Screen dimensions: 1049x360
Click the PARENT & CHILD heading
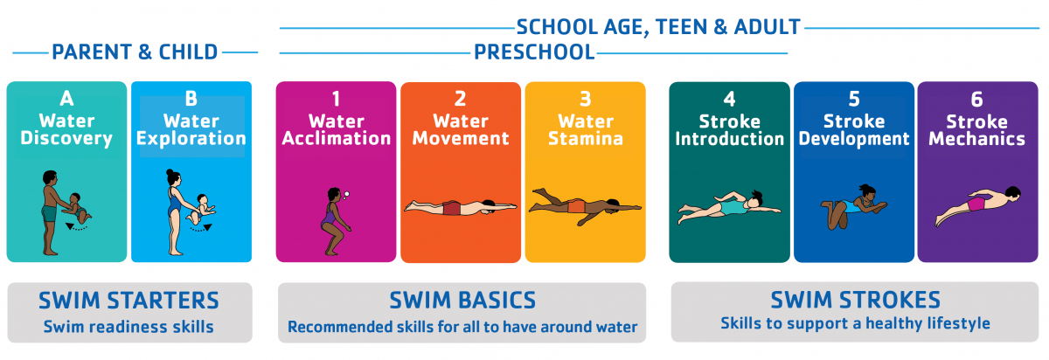coord(135,52)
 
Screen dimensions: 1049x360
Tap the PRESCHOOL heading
coord(534,52)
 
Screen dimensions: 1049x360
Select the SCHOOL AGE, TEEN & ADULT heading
coord(658,27)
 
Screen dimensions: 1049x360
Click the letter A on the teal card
coord(66,99)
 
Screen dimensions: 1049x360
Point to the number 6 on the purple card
coord(977,100)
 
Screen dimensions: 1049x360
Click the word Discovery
coord(66,139)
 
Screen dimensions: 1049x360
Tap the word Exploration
coord(191,139)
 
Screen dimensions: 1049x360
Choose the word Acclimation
coord(337,139)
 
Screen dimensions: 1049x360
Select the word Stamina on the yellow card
coord(586,139)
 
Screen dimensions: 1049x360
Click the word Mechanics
coord(977,139)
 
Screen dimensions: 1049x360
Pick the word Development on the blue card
coord(854,139)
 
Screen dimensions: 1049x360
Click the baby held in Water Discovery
coord(77,208)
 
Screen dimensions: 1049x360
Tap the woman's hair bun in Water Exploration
coord(170,172)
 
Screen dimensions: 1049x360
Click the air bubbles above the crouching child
coord(345,195)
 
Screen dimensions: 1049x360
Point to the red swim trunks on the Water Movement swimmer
coord(452,208)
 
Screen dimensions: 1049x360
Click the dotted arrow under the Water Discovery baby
coord(76,227)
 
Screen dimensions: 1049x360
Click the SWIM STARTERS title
coord(129,301)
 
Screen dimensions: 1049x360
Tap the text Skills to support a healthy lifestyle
coord(855,323)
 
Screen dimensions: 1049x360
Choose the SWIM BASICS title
coord(462,300)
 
